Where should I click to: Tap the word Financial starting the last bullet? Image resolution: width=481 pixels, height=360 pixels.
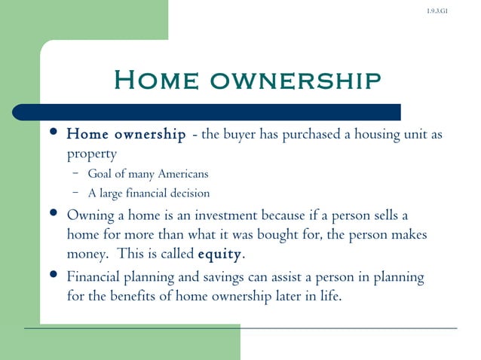(x=94, y=277)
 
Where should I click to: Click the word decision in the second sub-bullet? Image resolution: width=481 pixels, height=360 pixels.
(x=189, y=194)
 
